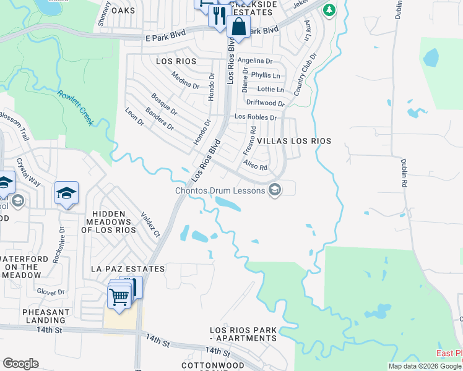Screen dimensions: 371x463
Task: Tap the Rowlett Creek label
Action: (x=76, y=108)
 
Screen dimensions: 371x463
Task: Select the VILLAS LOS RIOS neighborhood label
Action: (x=294, y=141)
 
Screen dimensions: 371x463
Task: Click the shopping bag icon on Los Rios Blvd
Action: (x=238, y=27)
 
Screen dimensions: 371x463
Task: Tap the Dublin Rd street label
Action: (x=404, y=172)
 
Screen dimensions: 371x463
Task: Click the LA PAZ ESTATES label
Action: (x=128, y=269)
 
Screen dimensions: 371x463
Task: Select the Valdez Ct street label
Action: (x=151, y=225)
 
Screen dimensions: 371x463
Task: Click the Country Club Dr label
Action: (x=305, y=74)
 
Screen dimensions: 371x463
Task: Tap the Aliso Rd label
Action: (x=255, y=165)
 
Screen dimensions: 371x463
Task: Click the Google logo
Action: (x=20, y=364)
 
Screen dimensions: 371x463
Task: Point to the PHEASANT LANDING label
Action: (x=46, y=316)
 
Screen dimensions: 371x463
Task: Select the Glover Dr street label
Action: (x=51, y=291)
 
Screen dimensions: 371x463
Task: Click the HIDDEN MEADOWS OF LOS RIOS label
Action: (x=109, y=222)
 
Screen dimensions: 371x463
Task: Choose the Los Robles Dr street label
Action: (x=255, y=116)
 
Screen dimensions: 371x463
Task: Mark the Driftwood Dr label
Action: (x=266, y=103)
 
